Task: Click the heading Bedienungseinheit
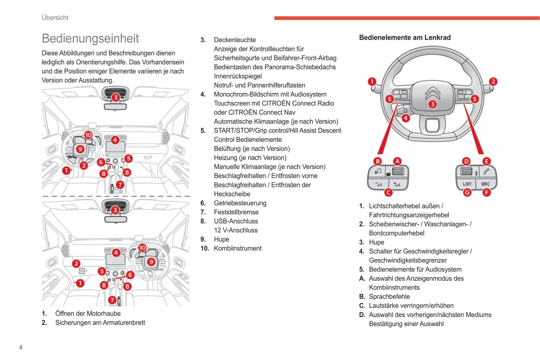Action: (x=90, y=38)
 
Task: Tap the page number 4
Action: (x=21, y=347)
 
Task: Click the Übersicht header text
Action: (x=55, y=18)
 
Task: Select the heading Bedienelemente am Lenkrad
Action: (x=405, y=37)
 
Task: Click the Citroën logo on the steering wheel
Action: (x=432, y=92)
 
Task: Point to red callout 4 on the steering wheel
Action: (x=405, y=118)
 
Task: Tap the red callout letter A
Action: (x=397, y=161)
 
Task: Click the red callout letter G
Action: (x=467, y=192)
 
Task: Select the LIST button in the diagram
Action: (x=467, y=184)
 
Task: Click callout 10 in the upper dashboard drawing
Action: (x=88, y=135)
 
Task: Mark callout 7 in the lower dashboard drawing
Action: (x=112, y=300)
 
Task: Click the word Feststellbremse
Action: (x=236, y=212)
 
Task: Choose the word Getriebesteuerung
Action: (x=240, y=203)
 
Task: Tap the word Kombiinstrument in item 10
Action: (x=238, y=248)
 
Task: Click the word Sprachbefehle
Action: (x=389, y=297)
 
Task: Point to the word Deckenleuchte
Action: (x=235, y=40)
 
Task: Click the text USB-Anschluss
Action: (x=236, y=221)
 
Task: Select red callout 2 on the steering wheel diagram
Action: (x=493, y=81)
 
